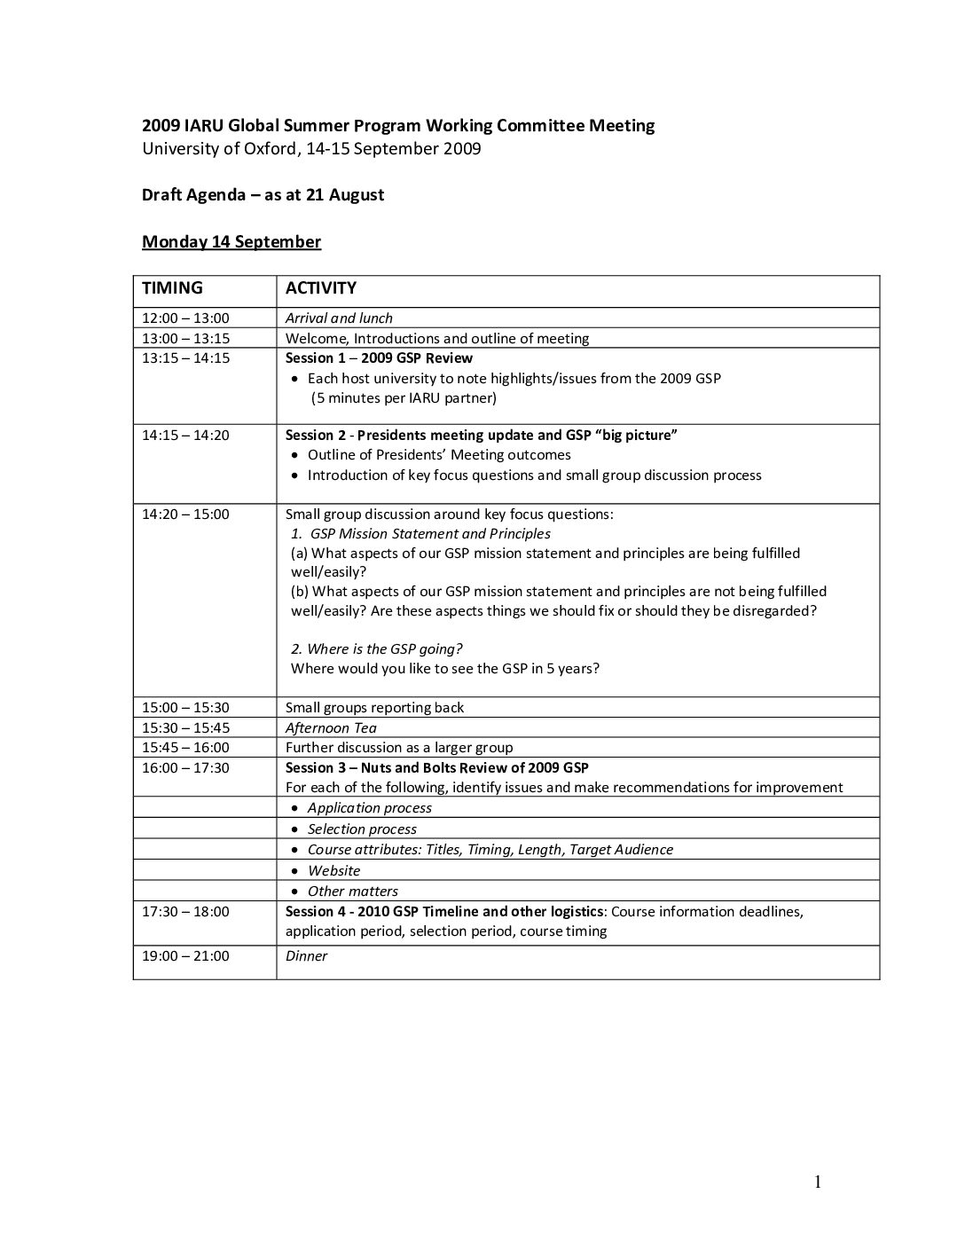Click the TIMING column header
(x=172, y=288)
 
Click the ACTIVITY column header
(x=320, y=288)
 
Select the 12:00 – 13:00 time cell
(x=185, y=318)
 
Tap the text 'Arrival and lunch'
(x=339, y=318)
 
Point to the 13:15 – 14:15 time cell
(x=185, y=358)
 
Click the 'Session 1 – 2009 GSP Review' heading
(x=379, y=358)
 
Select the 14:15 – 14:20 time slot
(x=185, y=435)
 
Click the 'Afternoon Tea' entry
(x=331, y=728)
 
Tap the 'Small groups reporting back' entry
(x=374, y=708)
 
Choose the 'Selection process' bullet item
(x=362, y=829)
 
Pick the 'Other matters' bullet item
(x=352, y=892)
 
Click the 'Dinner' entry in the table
(x=306, y=956)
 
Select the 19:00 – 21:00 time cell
(x=185, y=956)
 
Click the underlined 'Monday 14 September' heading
(x=231, y=242)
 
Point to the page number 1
(x=818, y=1182)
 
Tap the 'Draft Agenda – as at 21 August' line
(x=263, y=195)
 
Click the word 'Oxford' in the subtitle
(x=269, y=149)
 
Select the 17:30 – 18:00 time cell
(x=185, y=912)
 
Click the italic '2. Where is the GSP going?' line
(x=376, y=649)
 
